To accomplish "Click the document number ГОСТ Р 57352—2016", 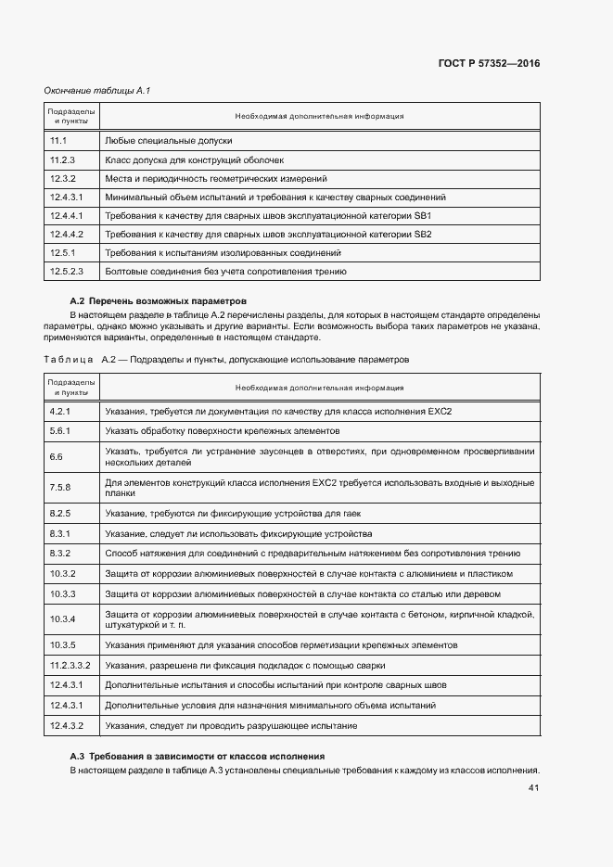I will pyautogui.click(x=488, y=64).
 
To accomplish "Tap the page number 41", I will pyautogui.click(x=533, y=788).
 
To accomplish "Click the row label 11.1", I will pyautogui.click(x=57, y=141).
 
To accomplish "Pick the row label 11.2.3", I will pyautogui.click(x=62, y=159).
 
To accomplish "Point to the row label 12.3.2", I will pyautogui.click(x=62, y=178).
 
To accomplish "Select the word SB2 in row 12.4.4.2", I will pyautogui.click(x=422, y=235).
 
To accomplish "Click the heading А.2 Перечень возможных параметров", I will pyautogui.click(x=159, y=301).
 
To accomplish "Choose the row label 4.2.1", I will pyautogui.click(x=60, y=412).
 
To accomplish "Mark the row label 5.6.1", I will pyautogui.click(x=60, y=431).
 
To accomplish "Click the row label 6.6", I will pyautogui.click(x=56, y=456).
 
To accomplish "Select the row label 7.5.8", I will pyautogui.click(x=60, y=488).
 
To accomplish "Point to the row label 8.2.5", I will pyautogui.click(x=60, y=514).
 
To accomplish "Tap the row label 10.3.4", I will pyautogui.click(x=62, y=618).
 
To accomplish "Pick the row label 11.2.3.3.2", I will pyautogui.click(x=70, y=666).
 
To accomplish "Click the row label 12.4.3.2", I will pyautogui.click(x=67, y=725).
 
